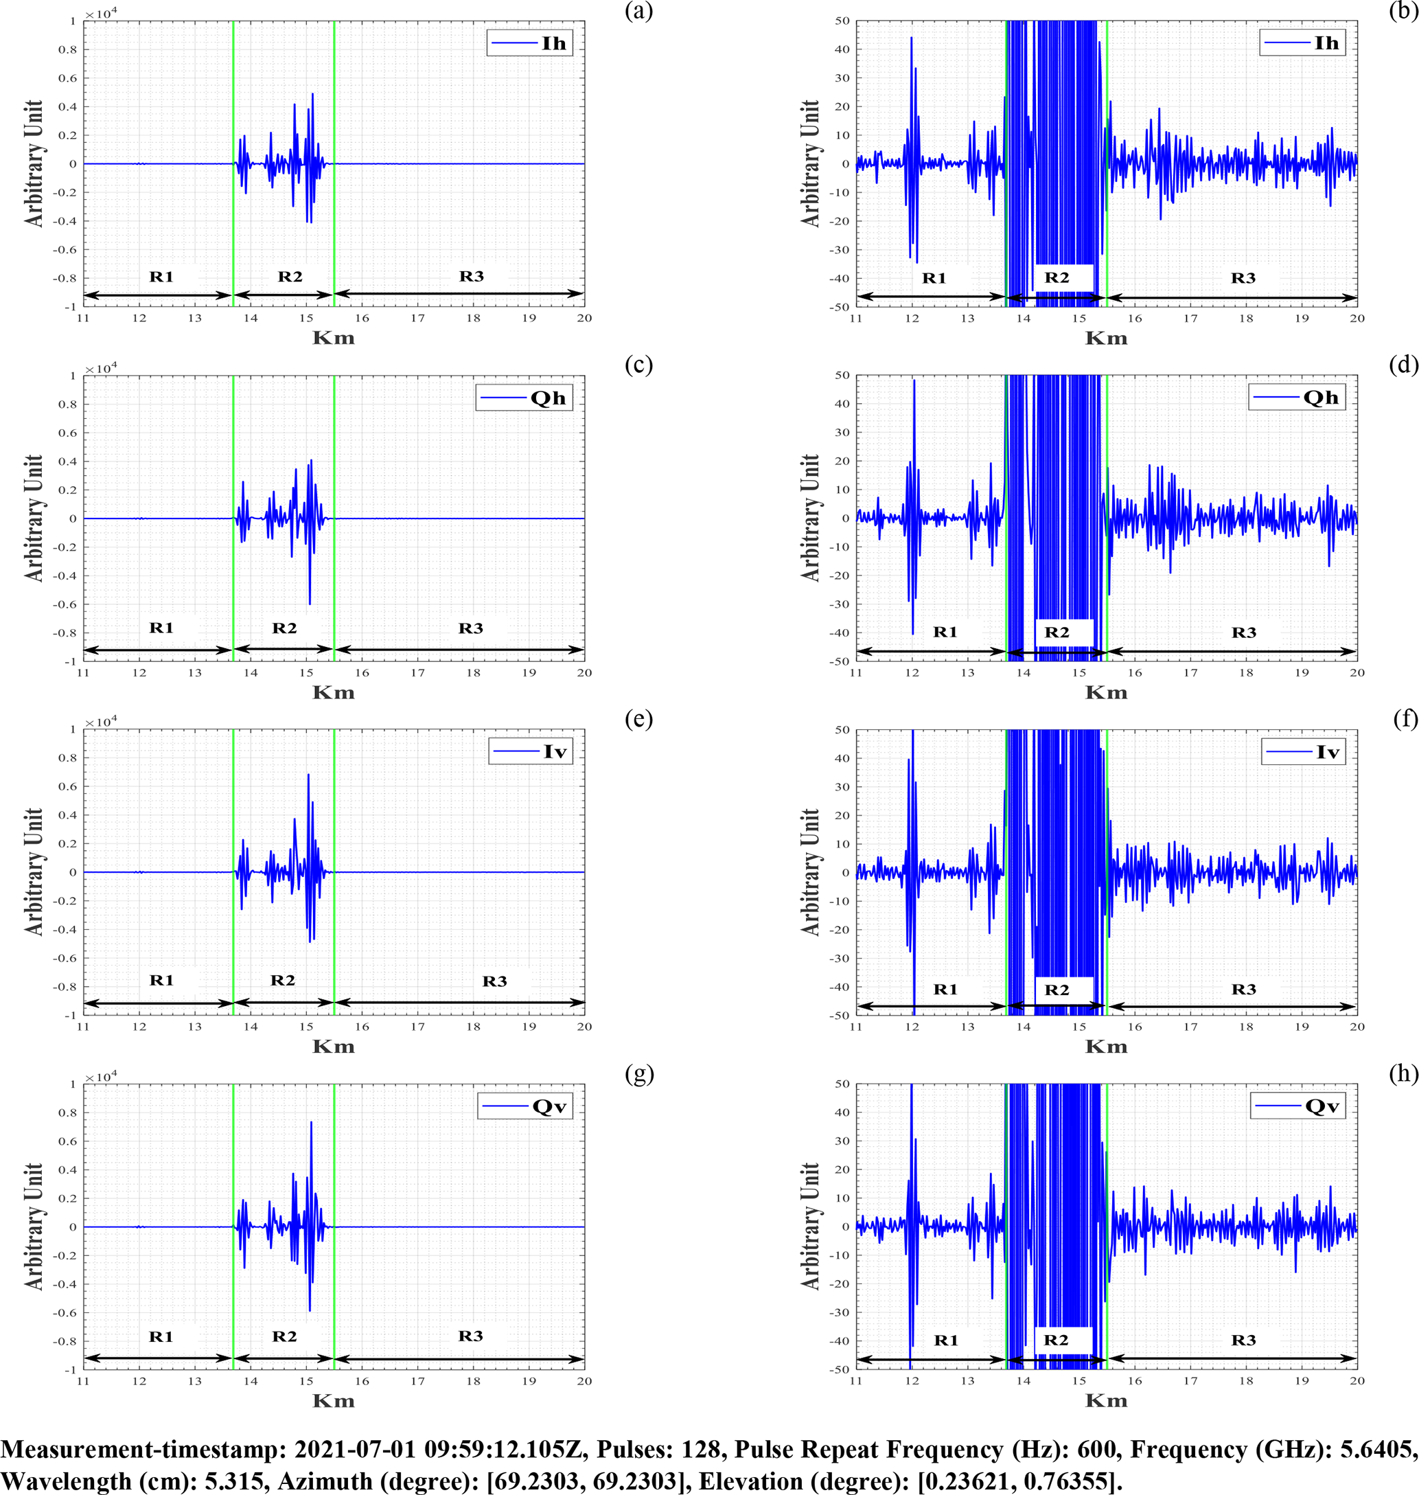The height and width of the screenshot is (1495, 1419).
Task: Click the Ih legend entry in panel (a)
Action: click(529, 43)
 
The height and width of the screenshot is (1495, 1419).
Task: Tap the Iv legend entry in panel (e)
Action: click(531, 752)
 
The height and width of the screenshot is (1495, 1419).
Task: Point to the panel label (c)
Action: click(638, 365)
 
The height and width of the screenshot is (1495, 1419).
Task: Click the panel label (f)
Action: click(1405, 719)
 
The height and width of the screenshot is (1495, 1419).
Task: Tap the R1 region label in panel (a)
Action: click(161, 277)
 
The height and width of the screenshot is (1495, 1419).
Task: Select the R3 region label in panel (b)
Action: click(1243, 278)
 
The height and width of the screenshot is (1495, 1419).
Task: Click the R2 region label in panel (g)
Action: click(284, 1336)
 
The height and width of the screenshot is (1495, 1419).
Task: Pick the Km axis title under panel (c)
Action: click(334, 692)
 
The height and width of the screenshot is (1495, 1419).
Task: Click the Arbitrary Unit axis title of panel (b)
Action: click(810, 163)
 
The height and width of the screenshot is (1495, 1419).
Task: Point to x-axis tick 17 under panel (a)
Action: click(417, 319)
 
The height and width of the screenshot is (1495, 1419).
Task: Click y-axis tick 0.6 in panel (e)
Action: click(68, 787)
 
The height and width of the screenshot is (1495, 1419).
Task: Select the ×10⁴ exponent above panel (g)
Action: click(101, 1077)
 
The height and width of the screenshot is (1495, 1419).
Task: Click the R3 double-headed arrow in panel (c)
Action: click(459, 649)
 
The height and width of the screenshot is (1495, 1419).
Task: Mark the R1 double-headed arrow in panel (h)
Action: click(931, 1359)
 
